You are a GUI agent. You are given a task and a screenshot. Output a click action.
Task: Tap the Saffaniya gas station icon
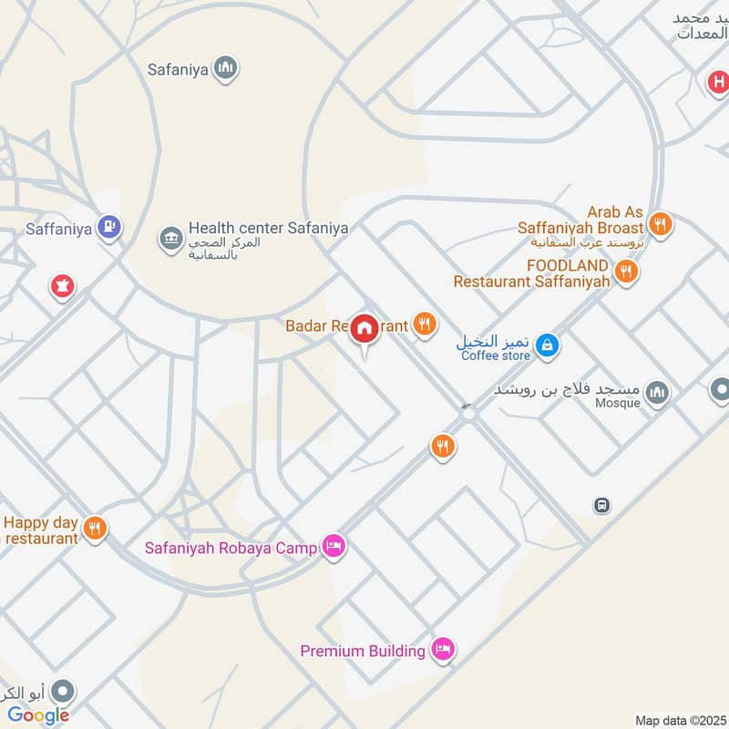click(109, 228)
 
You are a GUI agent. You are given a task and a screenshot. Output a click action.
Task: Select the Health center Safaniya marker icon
click(170, 239)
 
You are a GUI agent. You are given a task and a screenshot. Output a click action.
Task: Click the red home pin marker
click(365, 329)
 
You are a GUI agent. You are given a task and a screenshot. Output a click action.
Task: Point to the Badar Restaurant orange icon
click(424, 323)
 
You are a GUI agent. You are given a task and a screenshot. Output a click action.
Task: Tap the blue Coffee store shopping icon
click(547, 344)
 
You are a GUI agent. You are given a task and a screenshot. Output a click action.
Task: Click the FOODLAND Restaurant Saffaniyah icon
click(626, 271)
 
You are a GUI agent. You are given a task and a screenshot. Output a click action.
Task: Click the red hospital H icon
click(719, 84)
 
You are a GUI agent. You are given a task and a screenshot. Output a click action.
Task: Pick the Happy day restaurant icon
click(95, 528)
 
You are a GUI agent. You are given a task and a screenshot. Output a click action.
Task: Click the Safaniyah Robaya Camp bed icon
click(334, 547)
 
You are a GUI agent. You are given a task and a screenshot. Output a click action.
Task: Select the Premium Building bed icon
click(443, 650)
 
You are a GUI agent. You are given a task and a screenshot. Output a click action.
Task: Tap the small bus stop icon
click(601, 505)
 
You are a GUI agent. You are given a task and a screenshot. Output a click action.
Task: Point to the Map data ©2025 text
click(679, 721)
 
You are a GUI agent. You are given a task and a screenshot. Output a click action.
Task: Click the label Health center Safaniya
click(268, 229)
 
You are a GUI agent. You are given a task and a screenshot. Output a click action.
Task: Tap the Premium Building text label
click(364, 651)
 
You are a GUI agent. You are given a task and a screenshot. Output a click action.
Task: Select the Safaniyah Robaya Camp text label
click(231, 549)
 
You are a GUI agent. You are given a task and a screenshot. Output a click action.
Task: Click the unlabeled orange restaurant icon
click(443, 446)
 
